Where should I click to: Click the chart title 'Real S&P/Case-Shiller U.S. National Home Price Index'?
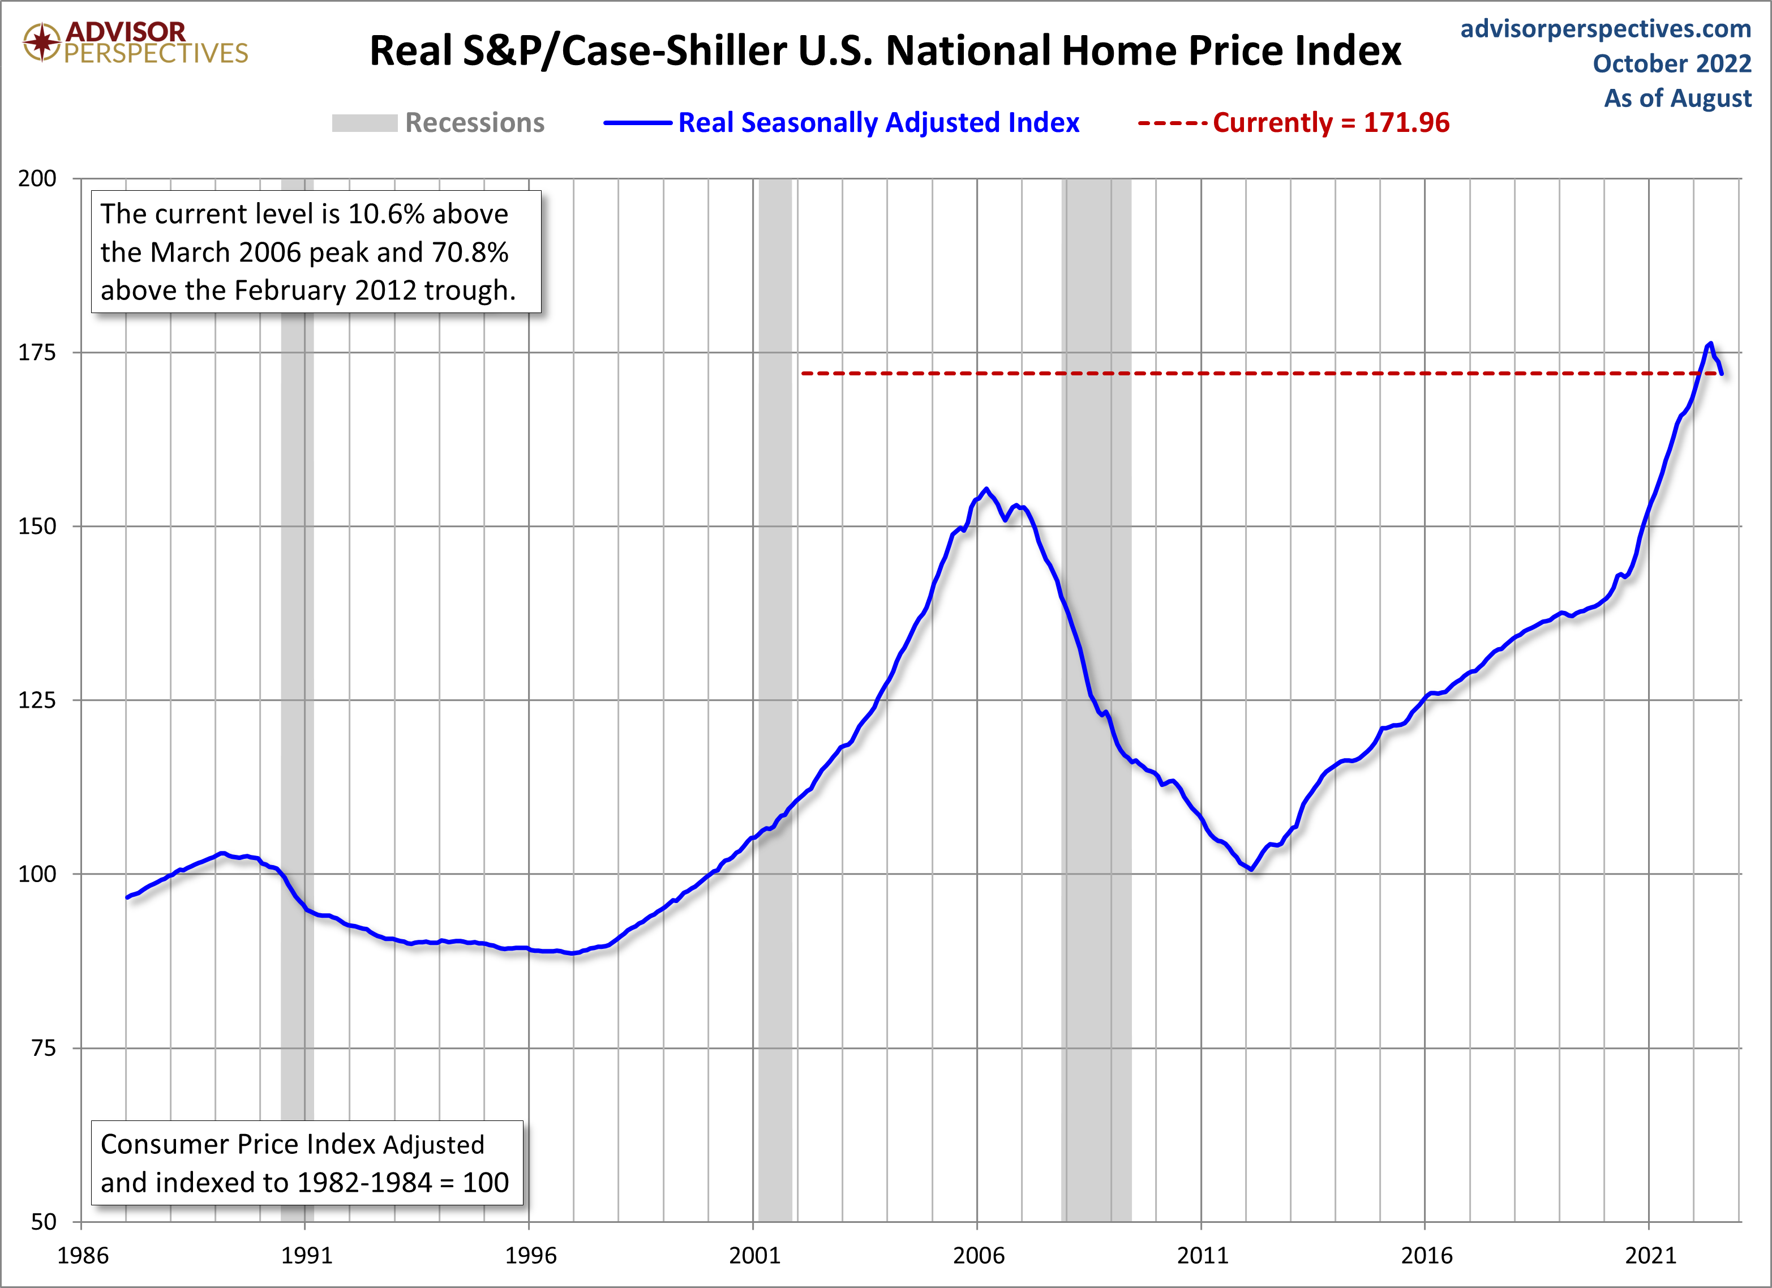(885, 52)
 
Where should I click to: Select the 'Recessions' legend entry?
(474, 123)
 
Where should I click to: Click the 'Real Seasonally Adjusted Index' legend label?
(878, 123)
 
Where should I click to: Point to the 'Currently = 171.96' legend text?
(1330, 123)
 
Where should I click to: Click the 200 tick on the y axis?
(37, 178)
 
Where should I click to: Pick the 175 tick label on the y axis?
(37, 353)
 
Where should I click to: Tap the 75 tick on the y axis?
(44, 1048)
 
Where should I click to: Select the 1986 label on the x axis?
(82, 1256)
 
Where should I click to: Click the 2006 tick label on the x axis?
(977, 1256)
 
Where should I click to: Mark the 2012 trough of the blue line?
(1252, 869)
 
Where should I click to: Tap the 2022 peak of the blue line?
(1710, 343)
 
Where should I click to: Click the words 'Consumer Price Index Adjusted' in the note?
(292, 1144)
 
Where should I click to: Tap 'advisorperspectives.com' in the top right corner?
(1605, 29)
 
